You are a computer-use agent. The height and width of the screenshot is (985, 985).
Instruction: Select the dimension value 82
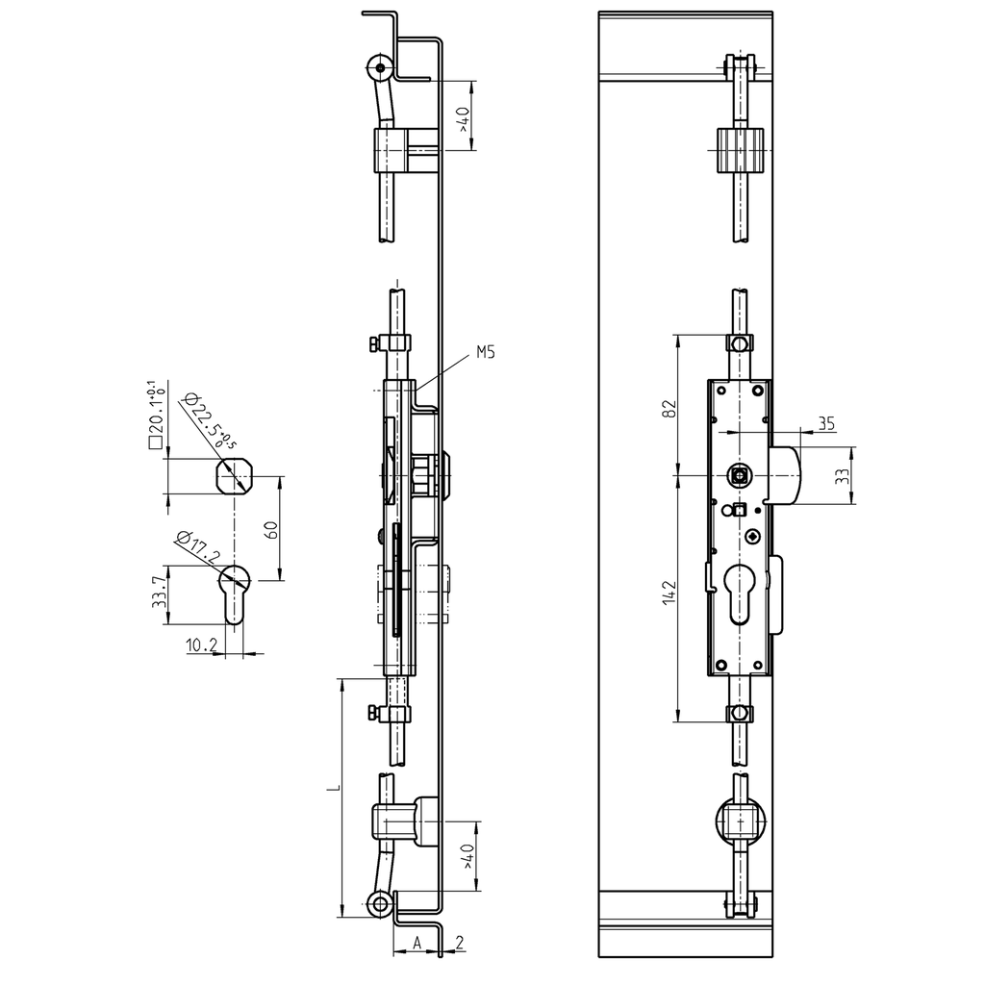(671, 407)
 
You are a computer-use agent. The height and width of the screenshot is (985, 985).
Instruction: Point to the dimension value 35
(824, 422)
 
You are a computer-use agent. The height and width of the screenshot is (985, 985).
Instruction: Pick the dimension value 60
(271, 529)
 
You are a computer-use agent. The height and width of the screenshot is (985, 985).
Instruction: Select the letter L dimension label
(332, 789)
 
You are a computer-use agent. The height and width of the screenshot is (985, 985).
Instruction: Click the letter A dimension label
(417, 942)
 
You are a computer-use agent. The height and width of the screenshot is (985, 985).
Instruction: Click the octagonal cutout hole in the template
(236, 475)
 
